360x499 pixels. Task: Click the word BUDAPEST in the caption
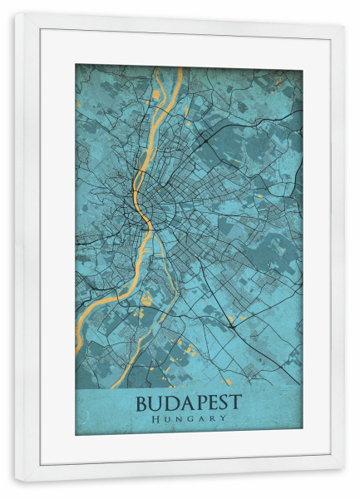pos(188,403)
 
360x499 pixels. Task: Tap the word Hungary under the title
pos(189,419)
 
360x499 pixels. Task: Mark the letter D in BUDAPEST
pos(168,403)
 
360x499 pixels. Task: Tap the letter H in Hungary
pos(156,419)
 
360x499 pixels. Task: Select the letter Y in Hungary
pos(223,419)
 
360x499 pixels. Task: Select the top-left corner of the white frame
pos(16,13)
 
